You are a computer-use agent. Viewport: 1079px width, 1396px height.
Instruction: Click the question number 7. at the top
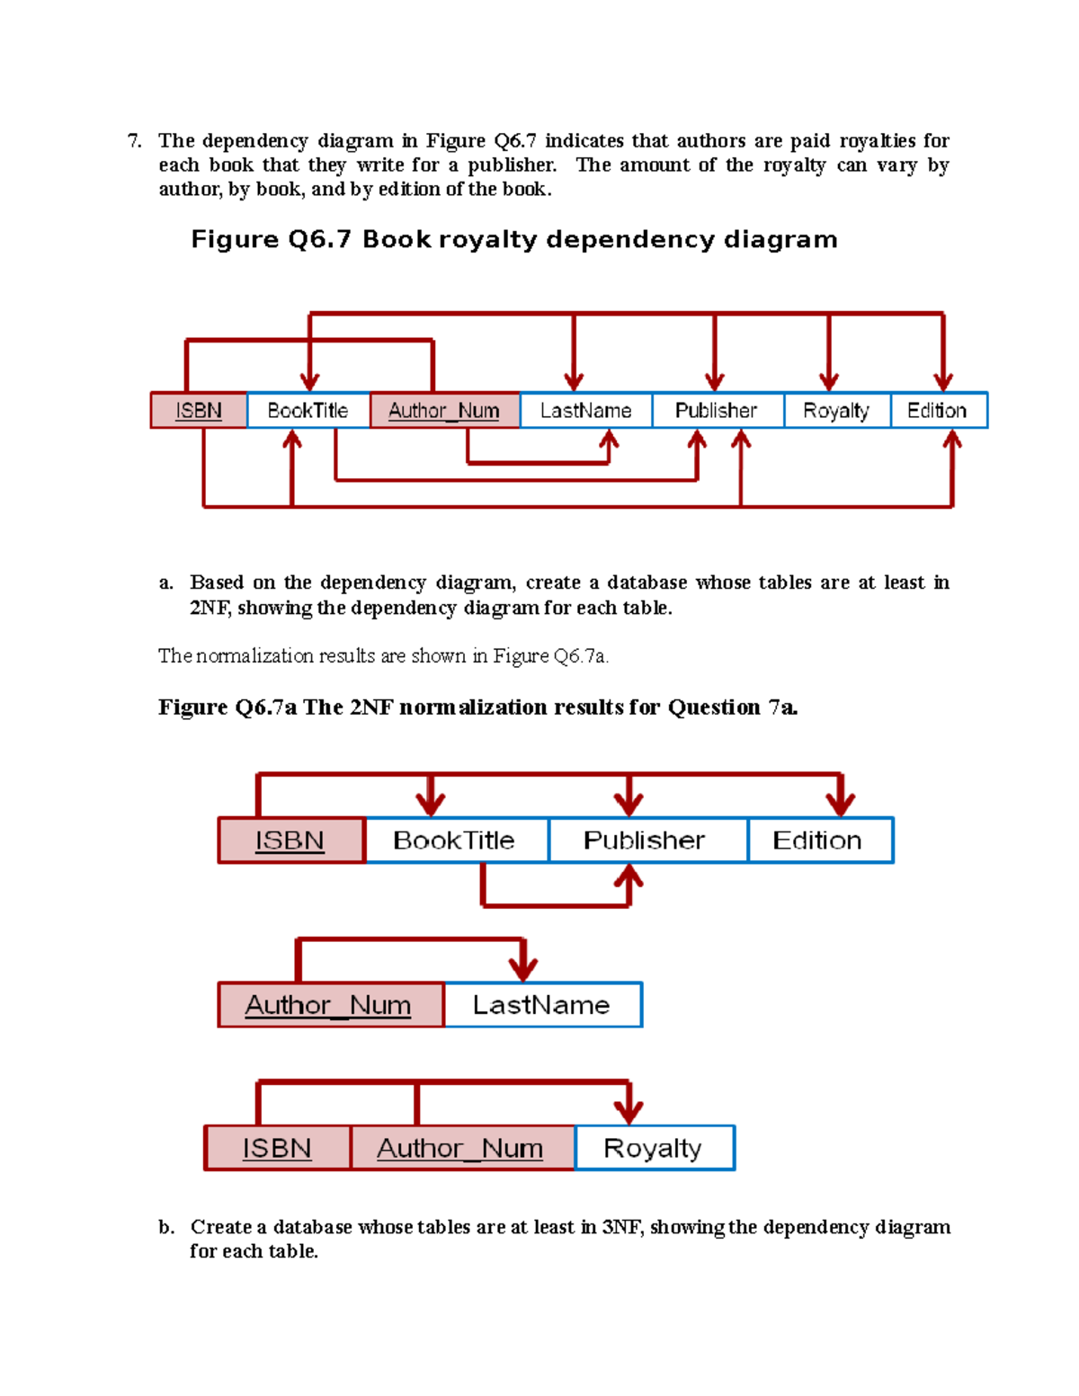(134, 141)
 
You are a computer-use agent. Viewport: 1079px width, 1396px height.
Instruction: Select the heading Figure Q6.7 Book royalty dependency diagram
(513, 240)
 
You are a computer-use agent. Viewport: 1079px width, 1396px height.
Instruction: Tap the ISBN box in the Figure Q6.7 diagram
(199, 411)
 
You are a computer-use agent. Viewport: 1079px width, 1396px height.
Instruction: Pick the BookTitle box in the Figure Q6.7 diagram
(308, 411)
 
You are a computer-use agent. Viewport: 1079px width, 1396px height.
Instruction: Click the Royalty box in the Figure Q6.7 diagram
(836, 411)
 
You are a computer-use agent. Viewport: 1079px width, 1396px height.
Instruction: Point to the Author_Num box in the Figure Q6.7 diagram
(444, 411)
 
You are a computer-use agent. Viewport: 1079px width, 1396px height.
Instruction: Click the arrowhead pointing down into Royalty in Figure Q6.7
(829, 381)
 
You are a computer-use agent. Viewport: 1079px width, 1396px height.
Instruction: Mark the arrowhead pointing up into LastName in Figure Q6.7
(609, 440)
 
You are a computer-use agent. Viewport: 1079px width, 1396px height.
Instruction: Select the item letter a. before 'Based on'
(165, 583)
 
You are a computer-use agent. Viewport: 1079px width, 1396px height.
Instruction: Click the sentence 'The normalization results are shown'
(383, 656)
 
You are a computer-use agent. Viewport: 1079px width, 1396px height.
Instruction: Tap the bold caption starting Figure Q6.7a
(477, 707)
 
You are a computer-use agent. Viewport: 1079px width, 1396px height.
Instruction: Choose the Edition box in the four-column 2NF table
(819, 840)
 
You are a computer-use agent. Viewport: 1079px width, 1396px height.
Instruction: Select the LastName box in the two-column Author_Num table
(542, 1005)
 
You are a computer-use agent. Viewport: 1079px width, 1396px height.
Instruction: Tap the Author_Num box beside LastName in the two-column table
(329, 1005)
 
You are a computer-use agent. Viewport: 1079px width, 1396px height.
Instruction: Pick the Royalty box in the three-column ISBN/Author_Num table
(654, 1148)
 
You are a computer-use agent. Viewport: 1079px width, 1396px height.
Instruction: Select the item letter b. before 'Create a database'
(166, 1228)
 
